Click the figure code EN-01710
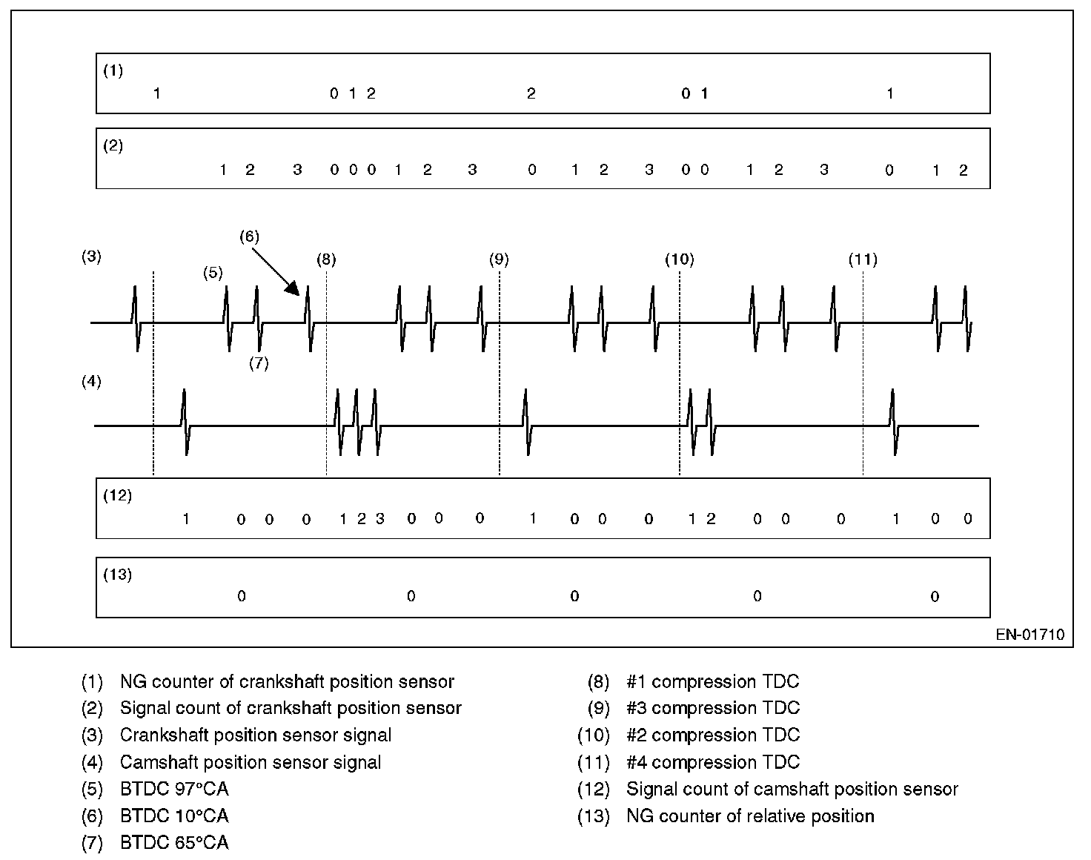[1029, 635]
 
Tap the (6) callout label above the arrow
[249, 236]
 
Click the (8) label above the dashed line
[326, 259]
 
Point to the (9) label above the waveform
[499, 259]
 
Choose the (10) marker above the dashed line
[679, 259]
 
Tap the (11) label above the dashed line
[863, 259]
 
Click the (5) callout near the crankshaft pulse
[213, 272]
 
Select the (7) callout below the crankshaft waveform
[258, 363]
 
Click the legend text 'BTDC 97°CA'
[174, 789]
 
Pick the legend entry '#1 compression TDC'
[712, 681]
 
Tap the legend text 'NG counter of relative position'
[750, 816]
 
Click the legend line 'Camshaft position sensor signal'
[251, 762]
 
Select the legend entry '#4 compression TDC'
[713, 762]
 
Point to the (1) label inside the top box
[113, 71]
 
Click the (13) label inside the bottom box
[117, 575]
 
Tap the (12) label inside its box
[117, 496]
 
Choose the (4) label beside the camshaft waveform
[91, 382]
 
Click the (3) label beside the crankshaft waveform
[91, 257]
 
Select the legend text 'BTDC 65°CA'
[174, 843]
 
